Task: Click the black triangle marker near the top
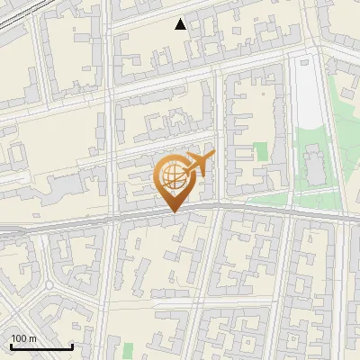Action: [x=181, y=24]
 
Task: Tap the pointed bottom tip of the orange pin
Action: [x=174, y=211]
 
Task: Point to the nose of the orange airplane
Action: [x=212, y=156]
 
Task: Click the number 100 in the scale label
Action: [x=19, y=337]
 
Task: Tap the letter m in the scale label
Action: [x=32, y=337]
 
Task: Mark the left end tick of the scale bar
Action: [x=10, y=346]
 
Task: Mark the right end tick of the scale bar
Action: [x=72, y=346]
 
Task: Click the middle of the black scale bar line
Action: [x=40, y=346]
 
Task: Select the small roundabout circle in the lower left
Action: [x=48, y=285]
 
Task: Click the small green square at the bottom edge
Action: [x=127, y=349]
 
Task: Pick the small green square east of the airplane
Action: [x=261, y=151]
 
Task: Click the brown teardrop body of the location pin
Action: [x=174, y=184]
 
